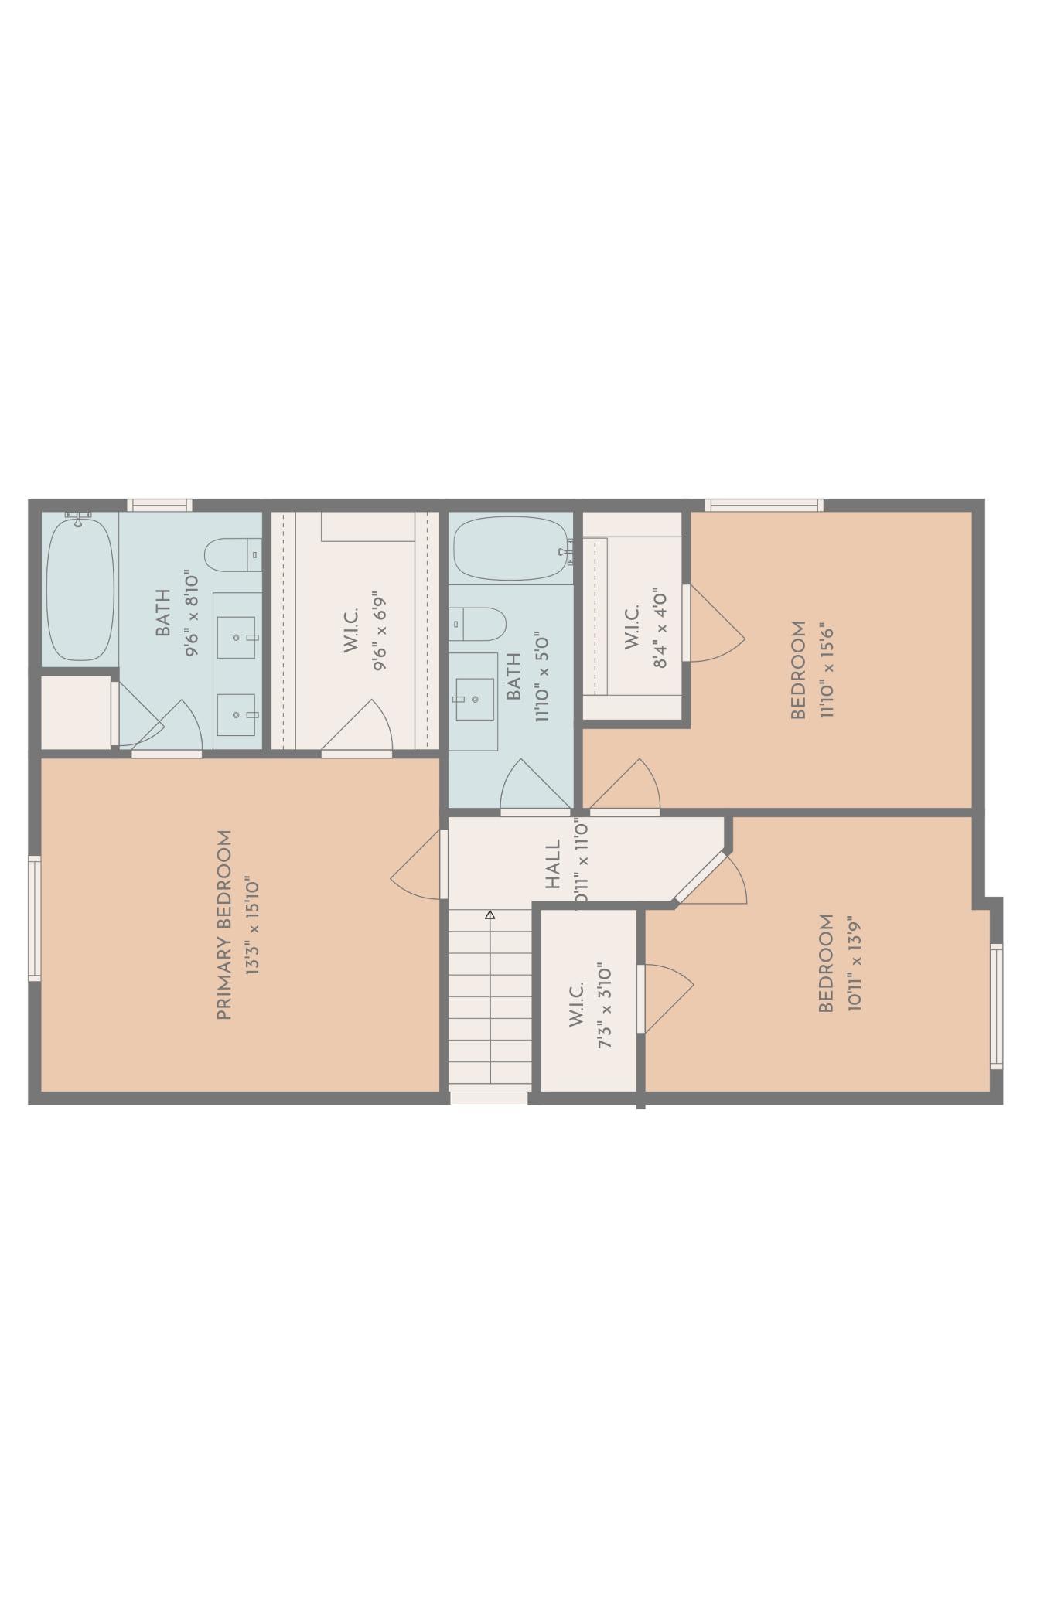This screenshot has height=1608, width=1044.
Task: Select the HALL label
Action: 552,864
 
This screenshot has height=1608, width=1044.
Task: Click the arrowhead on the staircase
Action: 490,915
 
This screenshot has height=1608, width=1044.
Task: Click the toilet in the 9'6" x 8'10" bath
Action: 233,554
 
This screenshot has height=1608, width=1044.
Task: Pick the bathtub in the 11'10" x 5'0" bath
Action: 510,548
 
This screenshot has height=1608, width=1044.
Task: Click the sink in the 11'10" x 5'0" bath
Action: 473,699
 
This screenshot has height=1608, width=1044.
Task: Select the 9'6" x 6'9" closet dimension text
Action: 379,630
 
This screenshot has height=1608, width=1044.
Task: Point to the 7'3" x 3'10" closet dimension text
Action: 604,1006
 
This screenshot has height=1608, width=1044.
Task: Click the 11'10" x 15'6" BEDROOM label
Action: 798,669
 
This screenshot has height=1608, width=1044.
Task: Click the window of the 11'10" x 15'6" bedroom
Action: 763,505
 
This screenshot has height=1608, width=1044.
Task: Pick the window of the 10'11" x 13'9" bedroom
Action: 996,1006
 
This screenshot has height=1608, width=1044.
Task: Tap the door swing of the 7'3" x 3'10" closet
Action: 667,998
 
